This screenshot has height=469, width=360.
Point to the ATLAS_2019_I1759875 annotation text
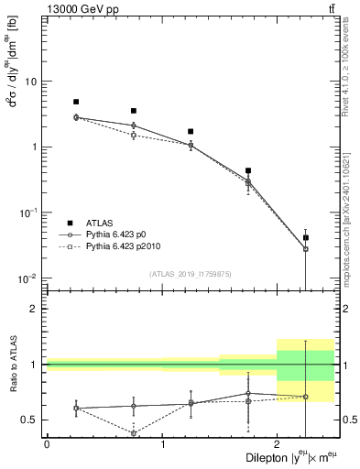tap(182, 273)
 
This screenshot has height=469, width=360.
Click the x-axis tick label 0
tap(47, 443)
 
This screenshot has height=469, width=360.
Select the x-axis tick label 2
tap(278, 443)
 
